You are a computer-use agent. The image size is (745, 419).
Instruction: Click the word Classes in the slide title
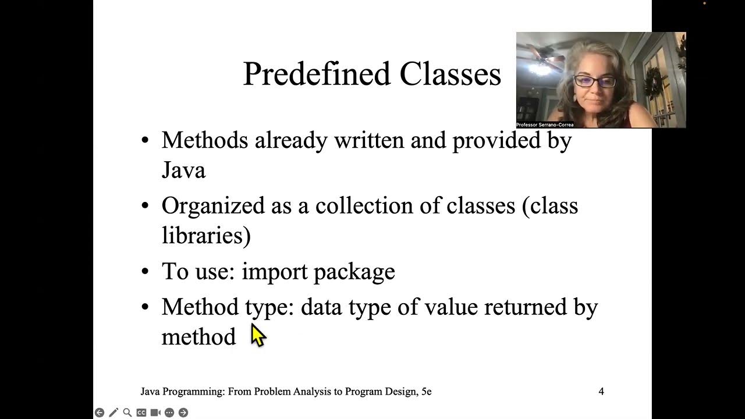coord(450,74)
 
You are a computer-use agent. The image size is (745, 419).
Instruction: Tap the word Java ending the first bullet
coord(183,171)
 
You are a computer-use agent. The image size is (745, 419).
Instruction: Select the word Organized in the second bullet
coord(213,206)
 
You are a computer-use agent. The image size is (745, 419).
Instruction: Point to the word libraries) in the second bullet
coord(206,236)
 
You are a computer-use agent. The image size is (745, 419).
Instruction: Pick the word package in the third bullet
coord(354,272)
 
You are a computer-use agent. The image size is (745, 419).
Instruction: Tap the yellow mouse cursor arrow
coord(257,336)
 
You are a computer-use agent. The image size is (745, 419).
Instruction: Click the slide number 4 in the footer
coord(601,392)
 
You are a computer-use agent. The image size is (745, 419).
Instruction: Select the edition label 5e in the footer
coord(426,392)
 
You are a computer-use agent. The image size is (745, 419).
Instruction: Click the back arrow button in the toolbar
coord(100,413)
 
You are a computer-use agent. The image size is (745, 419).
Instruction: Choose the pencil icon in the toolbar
coord(113,413)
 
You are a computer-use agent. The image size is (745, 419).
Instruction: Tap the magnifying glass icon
coord(127,413)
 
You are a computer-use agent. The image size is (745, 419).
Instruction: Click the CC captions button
coord(141,413)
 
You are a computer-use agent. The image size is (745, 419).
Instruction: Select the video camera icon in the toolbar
coord(155,413)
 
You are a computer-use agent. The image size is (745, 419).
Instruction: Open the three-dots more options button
coord(169,413)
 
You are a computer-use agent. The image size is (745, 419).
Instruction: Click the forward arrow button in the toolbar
coord(183,413)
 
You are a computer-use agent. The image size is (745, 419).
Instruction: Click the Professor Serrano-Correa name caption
coord(545,125)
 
